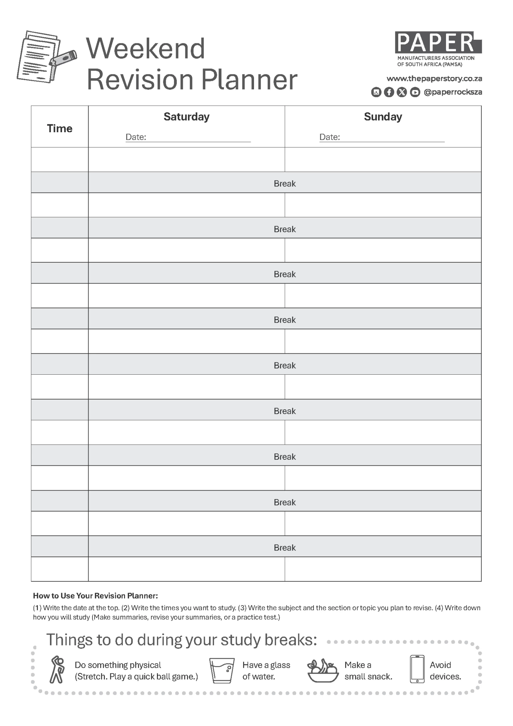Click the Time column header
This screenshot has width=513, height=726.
60,128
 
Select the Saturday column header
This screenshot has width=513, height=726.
186,117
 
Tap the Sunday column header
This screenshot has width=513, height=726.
383,117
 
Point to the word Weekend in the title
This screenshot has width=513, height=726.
146,48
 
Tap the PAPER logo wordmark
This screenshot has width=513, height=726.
438,43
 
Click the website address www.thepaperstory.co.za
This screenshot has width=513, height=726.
434,78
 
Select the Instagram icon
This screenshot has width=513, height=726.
376,92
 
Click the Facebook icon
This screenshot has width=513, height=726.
389,92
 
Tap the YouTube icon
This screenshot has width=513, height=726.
415,92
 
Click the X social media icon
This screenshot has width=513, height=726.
402,92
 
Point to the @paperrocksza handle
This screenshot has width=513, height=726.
453,92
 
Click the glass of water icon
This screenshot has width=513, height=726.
222,670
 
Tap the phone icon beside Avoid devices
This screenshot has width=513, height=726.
417,669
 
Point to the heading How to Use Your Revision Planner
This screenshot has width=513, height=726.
95,596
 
